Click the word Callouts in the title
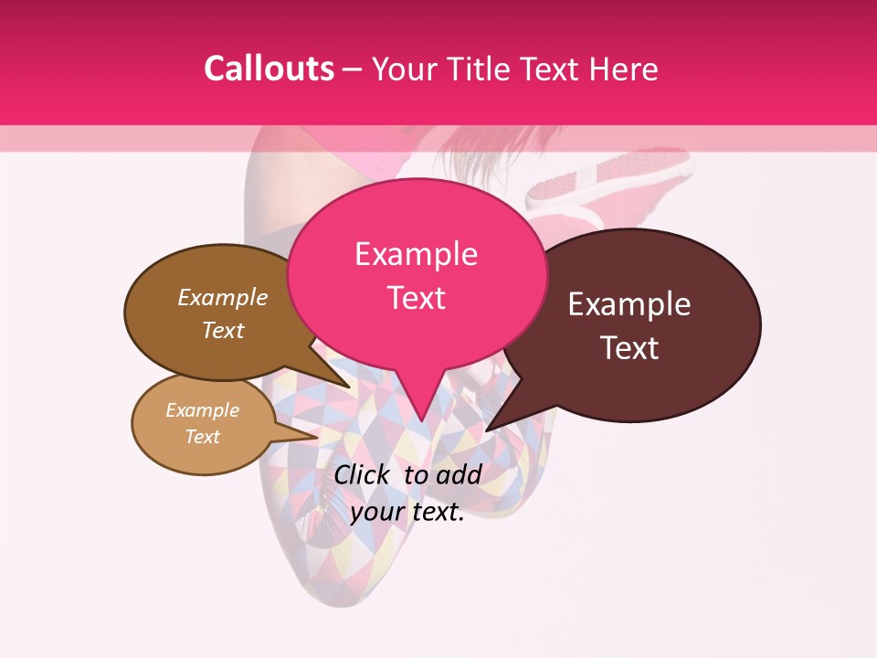(x=269, y=69)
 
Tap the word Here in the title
(x=626, y=69)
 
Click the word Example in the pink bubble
(x=416, y=254)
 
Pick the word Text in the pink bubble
(x=416, y=298)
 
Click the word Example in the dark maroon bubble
(x=629, y=304)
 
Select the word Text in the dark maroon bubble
(x=629, y=348)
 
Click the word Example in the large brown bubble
(x=223, y=298)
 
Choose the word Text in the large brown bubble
(x=223, y=331)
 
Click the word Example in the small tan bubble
(x=202, y=410)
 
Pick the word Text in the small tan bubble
(x=202, y=437)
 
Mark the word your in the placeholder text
(x=376, y=513)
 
